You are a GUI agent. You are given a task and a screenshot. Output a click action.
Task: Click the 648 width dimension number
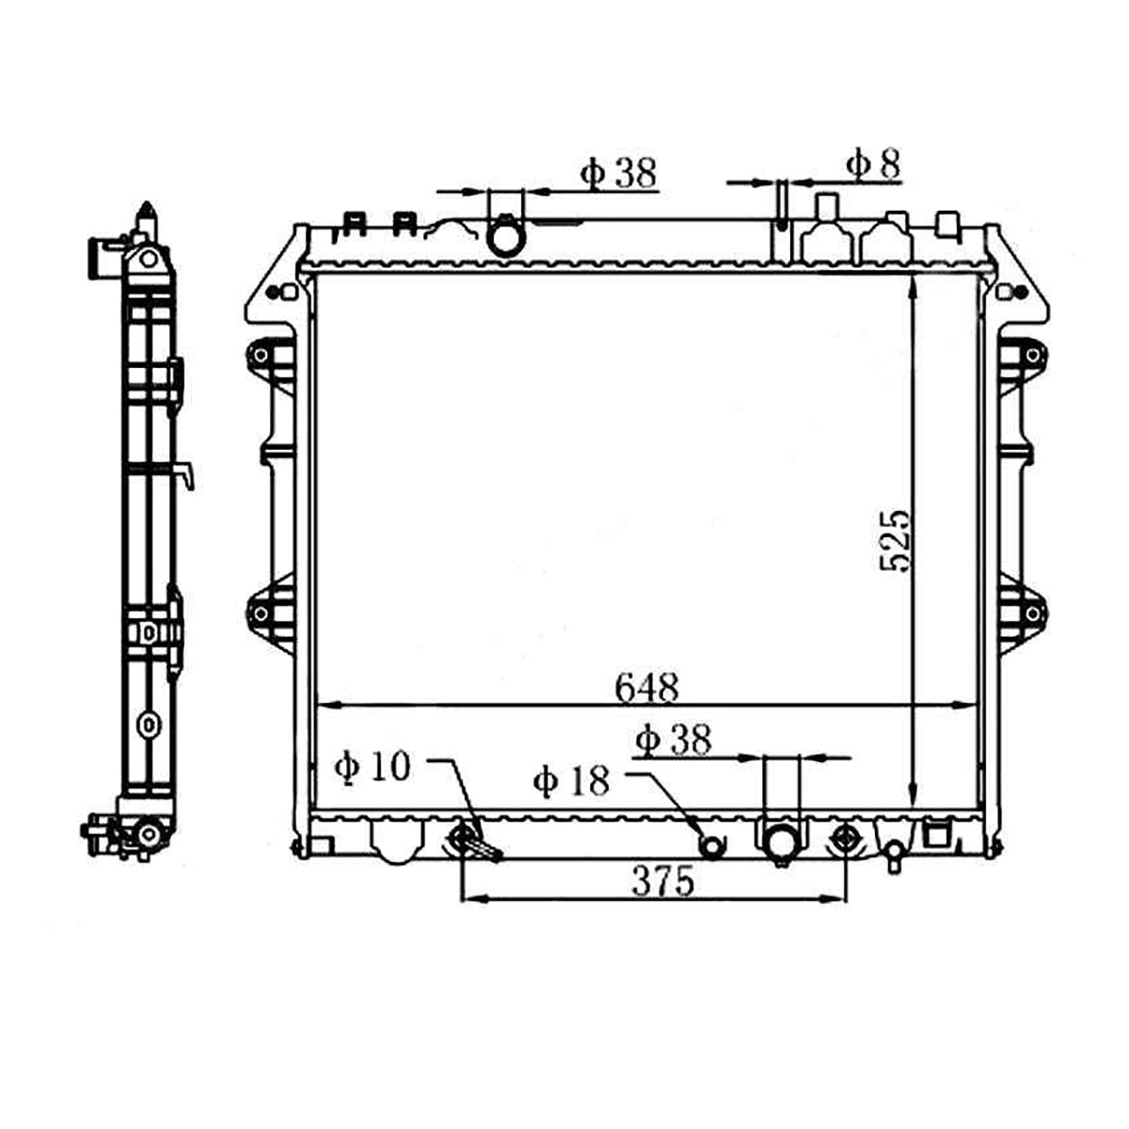pos(646,688)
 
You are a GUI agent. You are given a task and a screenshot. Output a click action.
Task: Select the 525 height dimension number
pos(896,541)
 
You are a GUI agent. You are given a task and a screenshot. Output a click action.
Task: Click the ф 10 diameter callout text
pos(372,767)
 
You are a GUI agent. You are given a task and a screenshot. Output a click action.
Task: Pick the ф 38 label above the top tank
pos(619,173)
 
